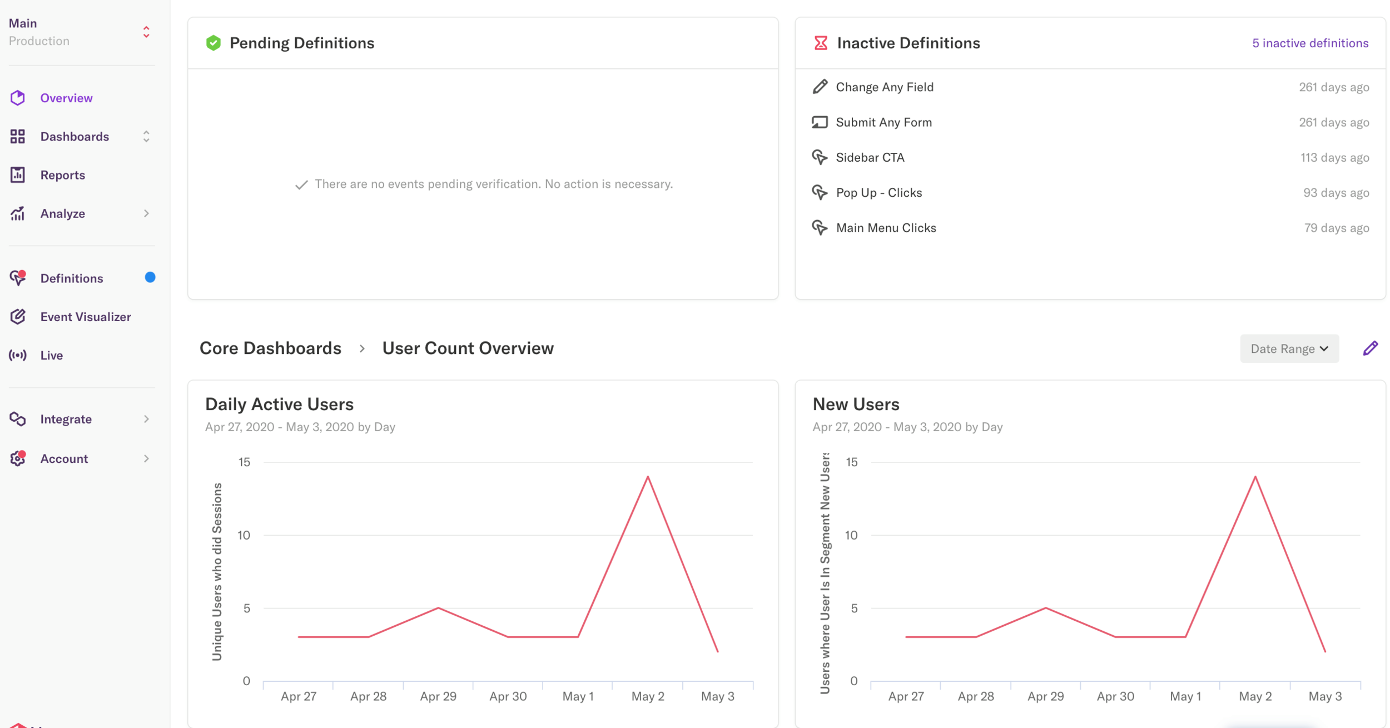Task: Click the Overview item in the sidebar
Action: click(66, 98)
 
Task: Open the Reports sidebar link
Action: click(62, 175)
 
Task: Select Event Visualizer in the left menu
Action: click(85, 317)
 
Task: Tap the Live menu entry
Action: click(51, 355)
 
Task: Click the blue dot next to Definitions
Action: click(150, 277)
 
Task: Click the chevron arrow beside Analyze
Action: click(146, 213)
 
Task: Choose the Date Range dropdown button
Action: click(1288, 348)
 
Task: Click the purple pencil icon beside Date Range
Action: click(1370, 348)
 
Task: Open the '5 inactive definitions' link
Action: click(1309, 43)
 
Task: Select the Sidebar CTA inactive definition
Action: click(870, 157)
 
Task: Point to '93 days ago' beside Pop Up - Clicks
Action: click(1336, 193)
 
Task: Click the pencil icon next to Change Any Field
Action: click(820, 87)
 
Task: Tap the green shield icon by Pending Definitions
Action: click(213, 43)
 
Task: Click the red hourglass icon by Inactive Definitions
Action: click(820, 43)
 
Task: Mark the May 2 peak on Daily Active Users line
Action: click(648, 477)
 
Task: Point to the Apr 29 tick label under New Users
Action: click(1045, 696)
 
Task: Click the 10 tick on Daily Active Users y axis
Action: click(244, 535)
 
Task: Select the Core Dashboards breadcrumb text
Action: click(270, 348)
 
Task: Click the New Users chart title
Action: click(856, 404)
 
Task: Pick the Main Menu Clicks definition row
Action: click(886, 228)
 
